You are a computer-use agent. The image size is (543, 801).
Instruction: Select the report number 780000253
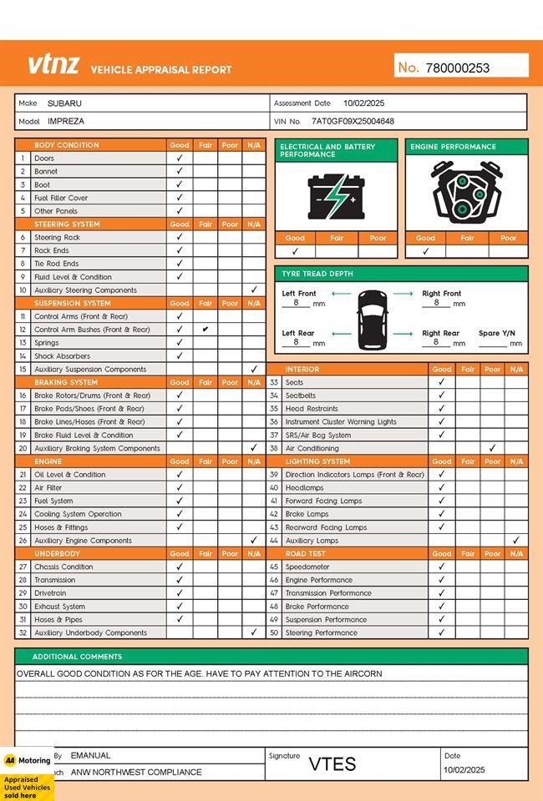tap(457, 68)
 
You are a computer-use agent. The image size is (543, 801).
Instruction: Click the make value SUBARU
tap(64, 103)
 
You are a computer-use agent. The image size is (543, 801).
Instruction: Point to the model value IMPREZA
tap(66, 121)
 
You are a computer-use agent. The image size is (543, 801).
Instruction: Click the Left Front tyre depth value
tap(297, 303)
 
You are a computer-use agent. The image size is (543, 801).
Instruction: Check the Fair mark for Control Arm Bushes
tap(206, 330)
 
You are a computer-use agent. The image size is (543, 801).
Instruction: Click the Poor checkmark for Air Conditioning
tap(493, 448)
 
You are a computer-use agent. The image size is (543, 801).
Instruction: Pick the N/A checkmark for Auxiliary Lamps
tap(516, 541)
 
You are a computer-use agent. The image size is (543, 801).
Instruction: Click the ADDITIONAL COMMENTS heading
tap(77, 657)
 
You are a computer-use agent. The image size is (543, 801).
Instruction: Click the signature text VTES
tap(332, 764)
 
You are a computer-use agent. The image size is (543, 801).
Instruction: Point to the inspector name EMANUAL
tap(90, 755)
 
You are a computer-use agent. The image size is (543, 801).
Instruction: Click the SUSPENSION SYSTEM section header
tap(73, 304)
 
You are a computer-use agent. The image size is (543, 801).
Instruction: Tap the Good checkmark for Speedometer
tap(442, 567)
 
